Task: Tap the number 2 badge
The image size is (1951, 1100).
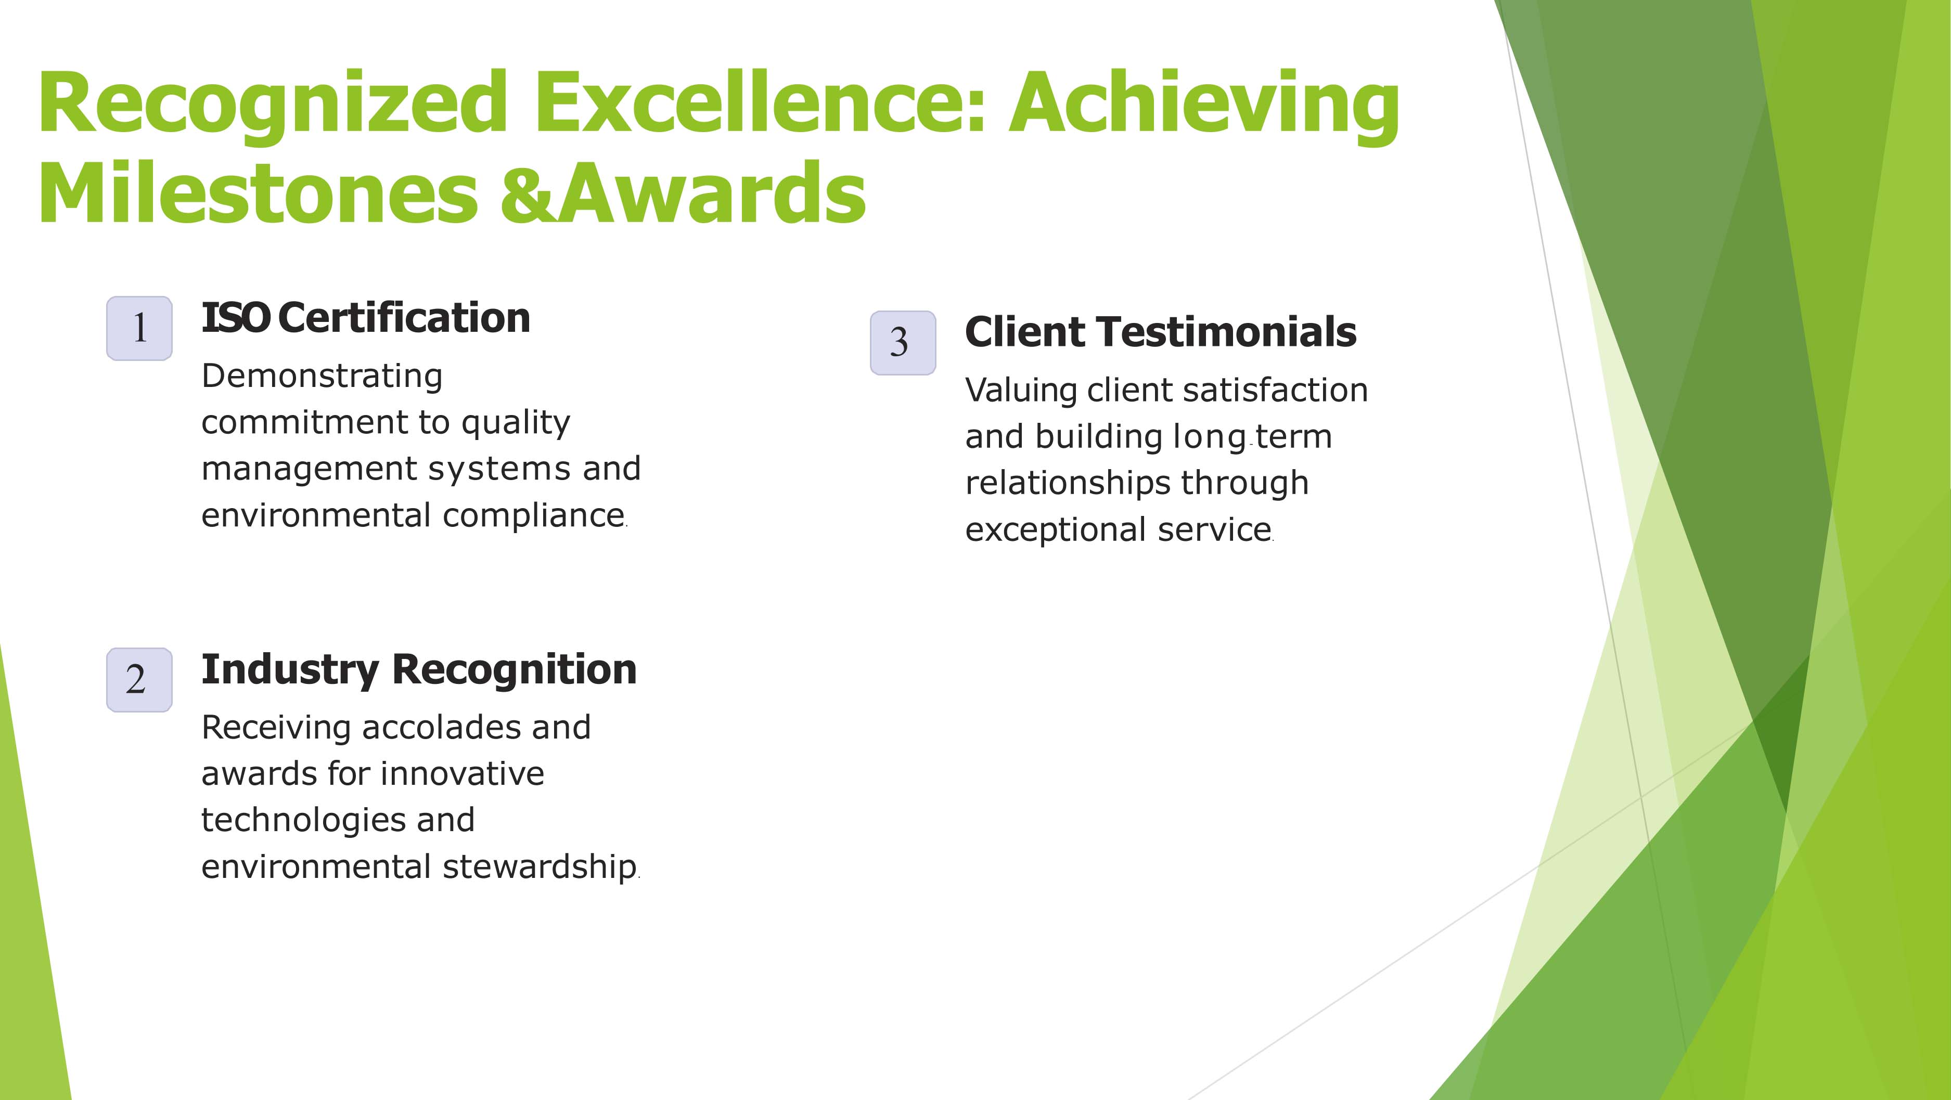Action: tap(139, 680)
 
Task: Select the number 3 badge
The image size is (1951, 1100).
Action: tap(903, 342)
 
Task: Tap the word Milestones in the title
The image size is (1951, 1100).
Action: tap(258, 193)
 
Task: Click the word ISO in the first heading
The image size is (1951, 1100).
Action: tap(235, 318)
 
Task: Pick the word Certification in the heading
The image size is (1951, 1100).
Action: tap(404, 318)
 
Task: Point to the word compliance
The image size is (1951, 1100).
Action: tap(534, 515)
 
